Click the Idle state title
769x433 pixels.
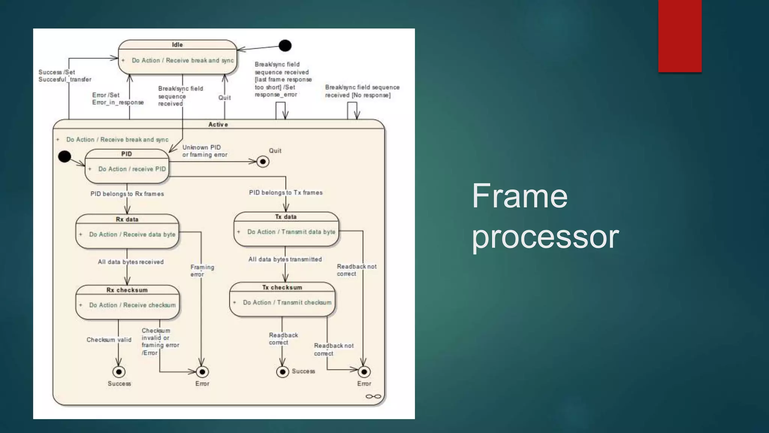(x=177, y=45)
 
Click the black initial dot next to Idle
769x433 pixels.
(x=285, y=46)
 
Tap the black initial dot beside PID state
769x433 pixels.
(x=65, y=156)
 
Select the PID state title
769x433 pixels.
(x=127, y=154)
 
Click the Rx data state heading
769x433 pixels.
(x=127, y=220)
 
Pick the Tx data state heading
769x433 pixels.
(x=286, y=217)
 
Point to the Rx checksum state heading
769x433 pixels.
(x=127, y=290)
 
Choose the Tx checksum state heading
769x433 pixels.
(x=282, y=288)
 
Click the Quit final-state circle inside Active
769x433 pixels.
(x=263, y=162)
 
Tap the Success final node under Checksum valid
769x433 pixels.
(x=119, y=372)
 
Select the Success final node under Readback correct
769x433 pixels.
(x=282, y=372)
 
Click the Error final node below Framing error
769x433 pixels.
(x=202, y=372)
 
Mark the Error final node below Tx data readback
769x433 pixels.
(x=364, y=372)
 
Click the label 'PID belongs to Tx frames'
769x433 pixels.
(x=286, y=192)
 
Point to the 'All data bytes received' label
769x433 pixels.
(x=131, y=262)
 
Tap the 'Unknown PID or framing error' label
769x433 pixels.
(x=205, y=151)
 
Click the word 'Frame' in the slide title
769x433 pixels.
(x=519, y=196)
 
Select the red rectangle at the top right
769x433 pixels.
(x=680, y=36)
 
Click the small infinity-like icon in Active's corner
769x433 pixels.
(x=373, y=397)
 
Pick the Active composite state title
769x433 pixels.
(x=218, y=124)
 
